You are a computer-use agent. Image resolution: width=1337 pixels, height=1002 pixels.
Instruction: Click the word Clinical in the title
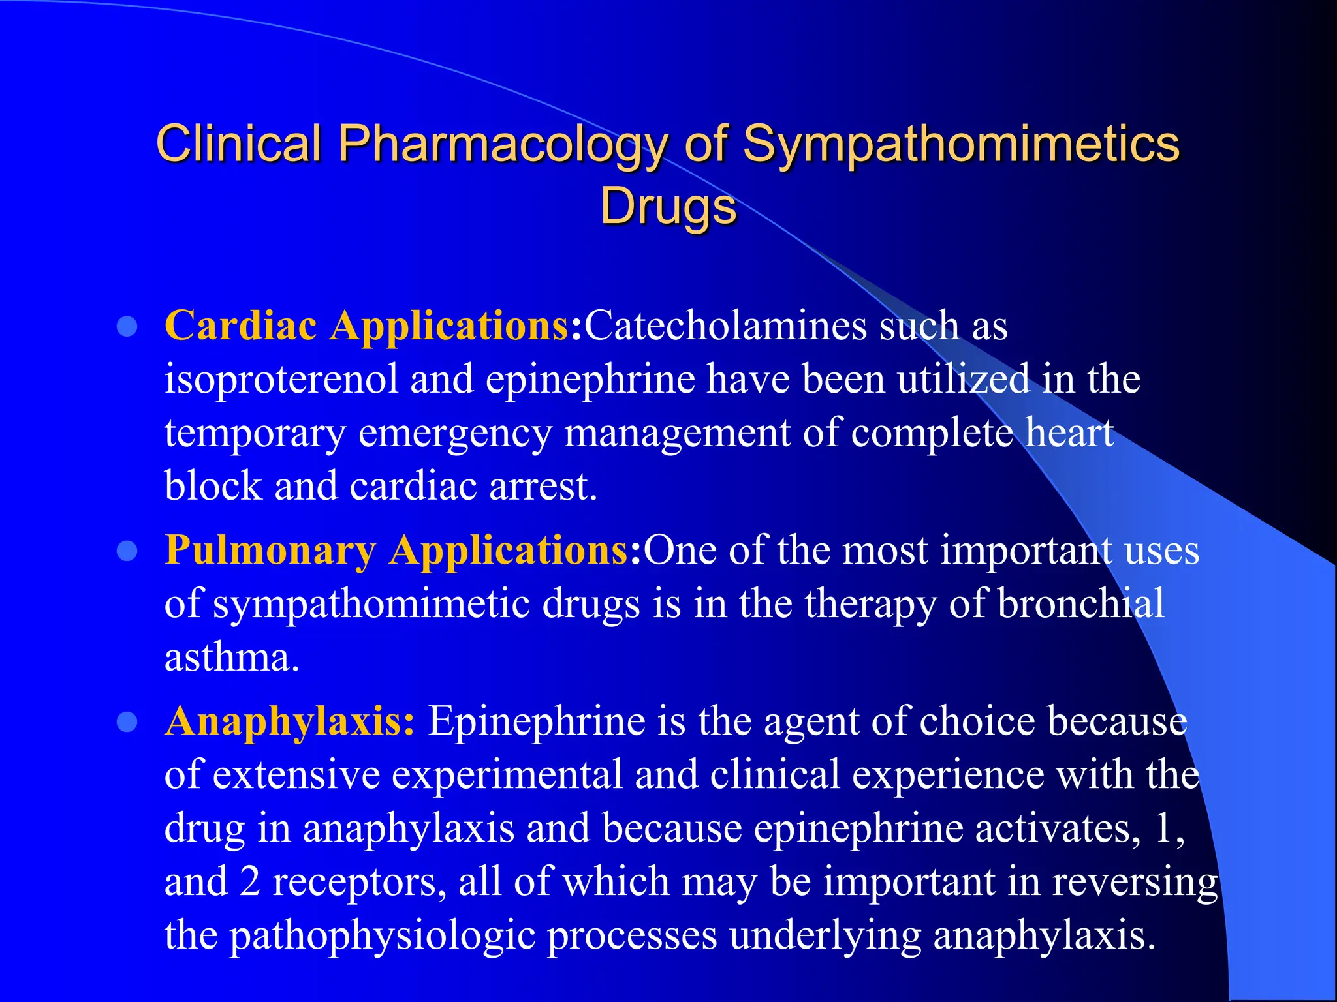pyautogui.click(x=239, y=144)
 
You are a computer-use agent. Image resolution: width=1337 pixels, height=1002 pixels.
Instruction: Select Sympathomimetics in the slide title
pyautogui.click(x=961, y=145)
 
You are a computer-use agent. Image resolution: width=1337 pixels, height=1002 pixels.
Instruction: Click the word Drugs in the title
pyautogui.click(x=668, y=206)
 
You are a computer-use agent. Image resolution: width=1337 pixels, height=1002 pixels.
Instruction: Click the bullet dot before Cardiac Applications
pyautogui.click(x=127, y=326)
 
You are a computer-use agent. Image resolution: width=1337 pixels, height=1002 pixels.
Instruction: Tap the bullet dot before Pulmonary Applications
pyautogui.click(x=127, y=551)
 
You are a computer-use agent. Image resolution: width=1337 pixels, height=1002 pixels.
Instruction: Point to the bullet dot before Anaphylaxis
pyautogui.click(x=127, y=722)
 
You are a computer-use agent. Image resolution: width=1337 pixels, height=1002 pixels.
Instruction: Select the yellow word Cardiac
pyautogui.click(x=241, y=325)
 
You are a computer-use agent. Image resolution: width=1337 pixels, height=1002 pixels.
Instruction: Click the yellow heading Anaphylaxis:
pyautogui.click(x=289, y=722)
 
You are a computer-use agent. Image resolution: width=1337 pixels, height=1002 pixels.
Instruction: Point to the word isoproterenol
pyautogui.click(x=281, y=380)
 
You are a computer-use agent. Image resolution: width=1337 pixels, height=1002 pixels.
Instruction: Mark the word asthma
pyautogui.click(x=232, y=658)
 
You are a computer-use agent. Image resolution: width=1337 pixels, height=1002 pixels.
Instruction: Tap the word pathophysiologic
pyautogui.click(x=383, y=935)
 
